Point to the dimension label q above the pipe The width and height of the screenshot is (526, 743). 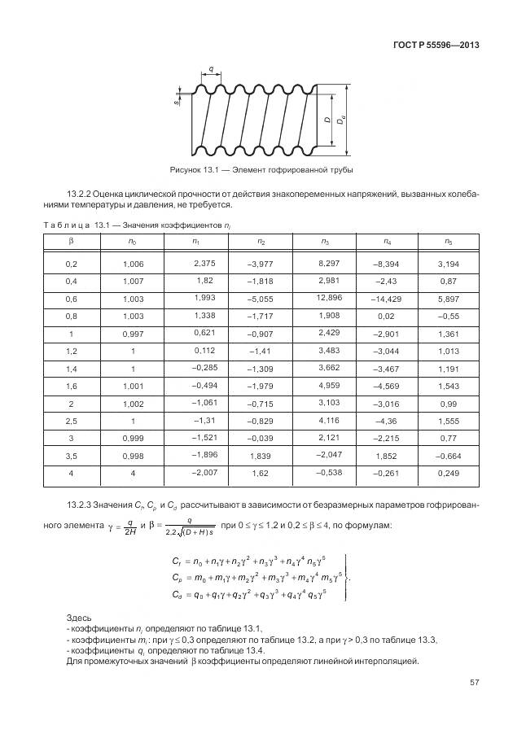tap(211, 70)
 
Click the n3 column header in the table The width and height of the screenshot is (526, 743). tap(325, 242)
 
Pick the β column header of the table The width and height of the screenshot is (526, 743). tap(71, 242)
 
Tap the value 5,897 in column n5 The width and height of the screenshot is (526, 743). tap(448, 299)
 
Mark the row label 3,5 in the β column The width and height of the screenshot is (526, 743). tap(71, 457)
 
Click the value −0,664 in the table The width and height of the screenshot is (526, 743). tap(448, 457)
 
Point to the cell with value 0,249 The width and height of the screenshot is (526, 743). tap(448, 474)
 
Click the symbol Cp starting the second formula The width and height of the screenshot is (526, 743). tap(178, 577)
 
